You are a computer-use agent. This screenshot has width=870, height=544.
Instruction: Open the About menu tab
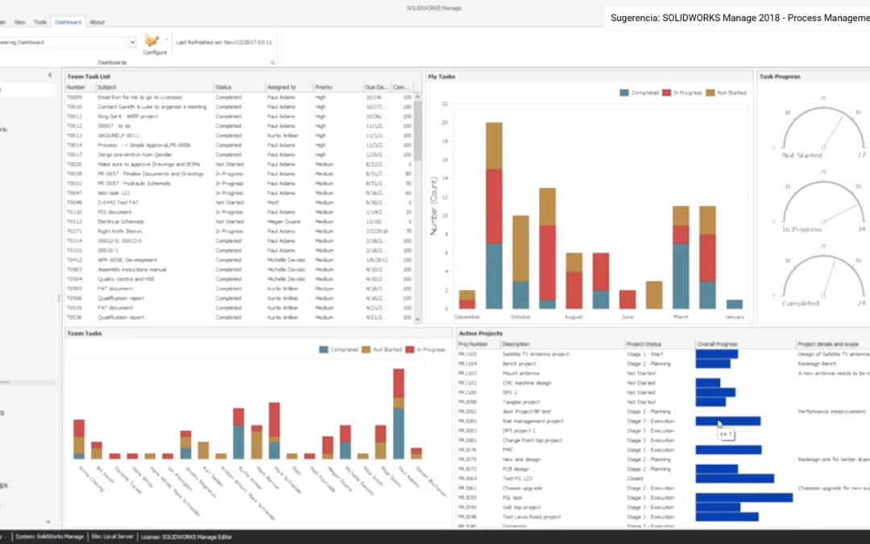97,22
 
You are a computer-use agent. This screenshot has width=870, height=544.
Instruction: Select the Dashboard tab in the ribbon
68,22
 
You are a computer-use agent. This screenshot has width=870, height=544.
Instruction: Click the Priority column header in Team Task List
324,86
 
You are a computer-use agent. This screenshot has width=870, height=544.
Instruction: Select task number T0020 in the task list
74,164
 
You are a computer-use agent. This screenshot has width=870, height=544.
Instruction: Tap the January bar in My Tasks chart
734,304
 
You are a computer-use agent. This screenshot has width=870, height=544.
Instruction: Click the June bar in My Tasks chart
628,299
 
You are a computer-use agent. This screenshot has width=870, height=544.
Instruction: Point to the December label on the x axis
467,318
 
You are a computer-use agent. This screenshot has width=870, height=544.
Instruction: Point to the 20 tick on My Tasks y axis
445,123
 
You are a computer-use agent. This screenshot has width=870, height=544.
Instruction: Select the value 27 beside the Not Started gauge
861,155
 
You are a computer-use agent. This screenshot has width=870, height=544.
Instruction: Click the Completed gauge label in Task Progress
801,303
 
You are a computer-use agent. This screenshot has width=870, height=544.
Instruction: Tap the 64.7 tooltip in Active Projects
726,434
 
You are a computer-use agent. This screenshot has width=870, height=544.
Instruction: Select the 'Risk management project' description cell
532,421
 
